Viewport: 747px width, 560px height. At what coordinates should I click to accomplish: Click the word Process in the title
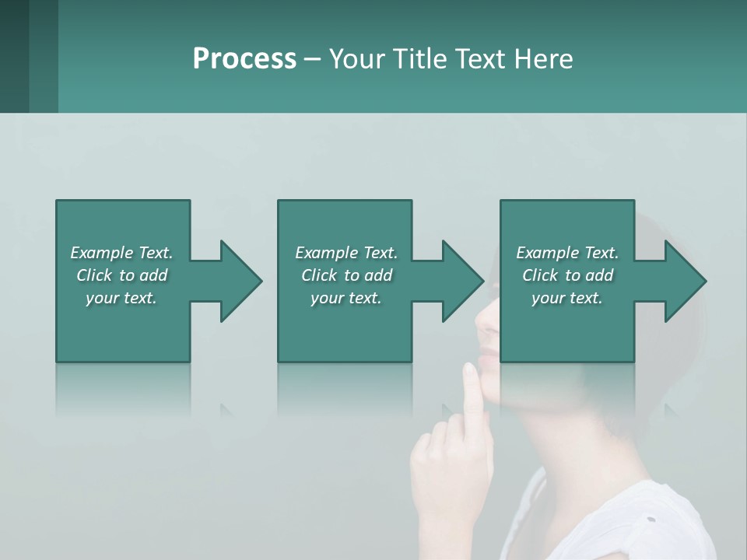click(x=244, y=59)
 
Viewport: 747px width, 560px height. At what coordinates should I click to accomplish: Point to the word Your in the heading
click(x=356, y=59)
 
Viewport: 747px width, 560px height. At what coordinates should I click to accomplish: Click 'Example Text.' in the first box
click(x=121, y=253)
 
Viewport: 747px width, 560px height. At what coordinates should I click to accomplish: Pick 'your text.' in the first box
click(x=121, y=298)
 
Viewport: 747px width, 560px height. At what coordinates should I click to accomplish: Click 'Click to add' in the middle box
click(x=346, y=275)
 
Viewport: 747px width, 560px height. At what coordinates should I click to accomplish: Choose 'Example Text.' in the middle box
click(x=346, y=253)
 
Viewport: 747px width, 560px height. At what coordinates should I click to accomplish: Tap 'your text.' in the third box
click(x=567, y=298)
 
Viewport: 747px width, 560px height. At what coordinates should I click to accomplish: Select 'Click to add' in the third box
click(x=567, y=275)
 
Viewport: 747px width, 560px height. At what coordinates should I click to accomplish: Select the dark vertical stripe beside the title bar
click(x=44, y=56)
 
